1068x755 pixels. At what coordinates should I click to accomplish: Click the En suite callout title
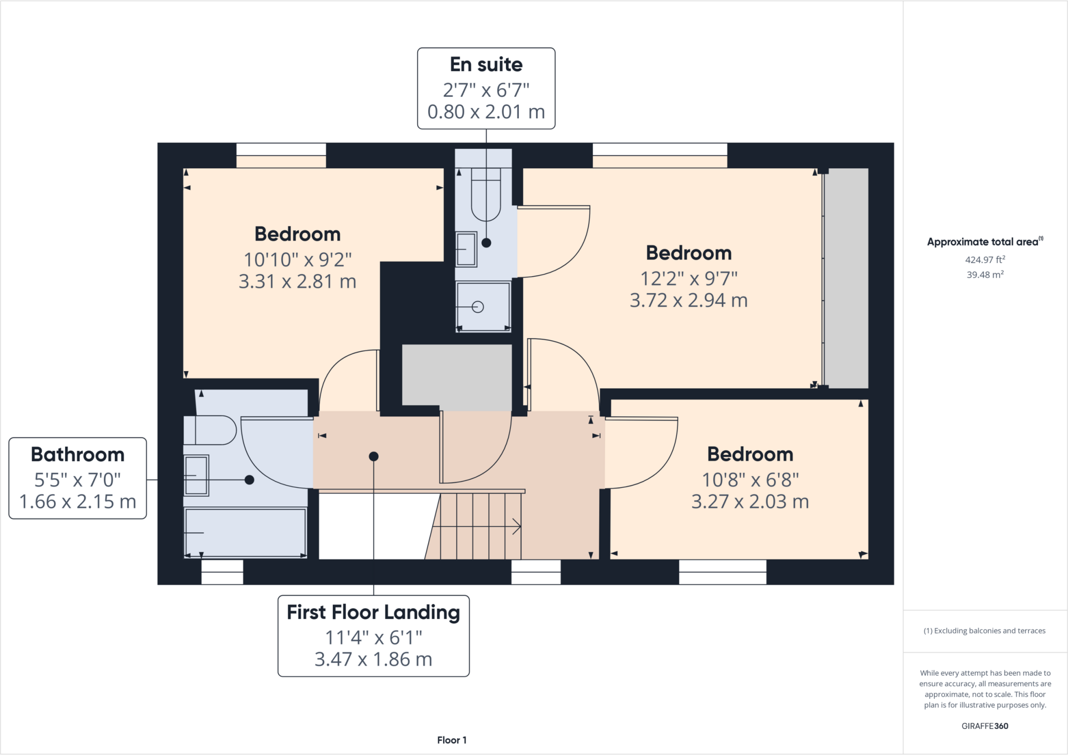pos(486,65)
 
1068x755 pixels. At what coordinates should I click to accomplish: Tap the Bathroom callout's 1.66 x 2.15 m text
pos(78,502)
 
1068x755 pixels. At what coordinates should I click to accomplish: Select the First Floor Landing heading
pos(373,612)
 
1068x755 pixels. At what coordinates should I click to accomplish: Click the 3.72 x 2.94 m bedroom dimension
pos(688,301)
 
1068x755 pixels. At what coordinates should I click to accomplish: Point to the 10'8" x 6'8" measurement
pos(750,479)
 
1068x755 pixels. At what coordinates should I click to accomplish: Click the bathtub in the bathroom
pos(245,533)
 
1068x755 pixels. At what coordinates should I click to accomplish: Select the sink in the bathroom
pos(196,475)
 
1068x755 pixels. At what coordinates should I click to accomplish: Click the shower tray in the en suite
pos(483,306)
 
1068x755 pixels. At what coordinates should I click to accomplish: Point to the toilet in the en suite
pos(486,198)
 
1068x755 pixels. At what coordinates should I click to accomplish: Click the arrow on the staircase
pos(516,526)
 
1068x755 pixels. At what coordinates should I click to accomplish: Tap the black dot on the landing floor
pos(373,456)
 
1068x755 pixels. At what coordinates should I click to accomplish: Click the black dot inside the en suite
pos(486,243)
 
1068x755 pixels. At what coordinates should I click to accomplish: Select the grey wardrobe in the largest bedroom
pos(846,278)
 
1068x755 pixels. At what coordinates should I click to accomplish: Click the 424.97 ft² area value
pos(985,259)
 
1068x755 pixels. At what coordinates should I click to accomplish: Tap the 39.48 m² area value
pos(985,275)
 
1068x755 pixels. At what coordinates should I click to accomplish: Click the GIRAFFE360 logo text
pos(985,726)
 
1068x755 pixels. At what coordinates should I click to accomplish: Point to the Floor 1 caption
pos(452,740)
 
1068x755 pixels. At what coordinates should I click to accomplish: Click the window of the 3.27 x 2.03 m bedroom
pos(722,572)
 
